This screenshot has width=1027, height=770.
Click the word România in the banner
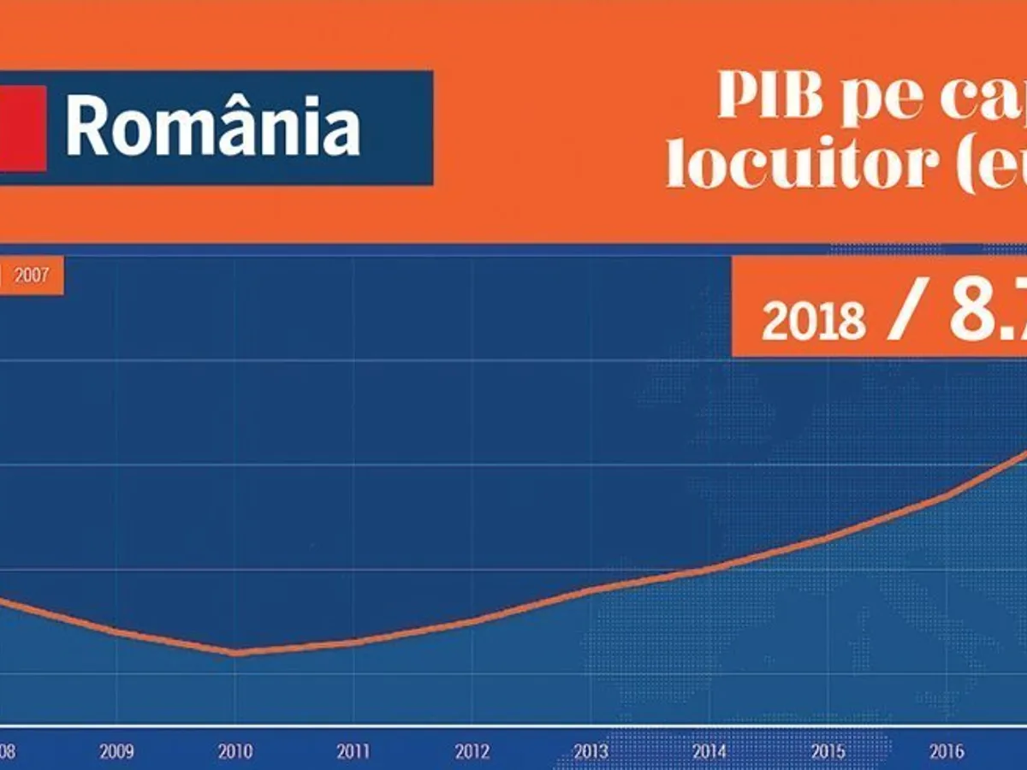pos(213,127)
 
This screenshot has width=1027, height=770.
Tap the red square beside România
pos(22,128)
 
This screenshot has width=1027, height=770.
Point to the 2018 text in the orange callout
pos(812,320)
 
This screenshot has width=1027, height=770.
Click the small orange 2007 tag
pos(31,276)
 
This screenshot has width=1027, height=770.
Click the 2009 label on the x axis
pos(116,752)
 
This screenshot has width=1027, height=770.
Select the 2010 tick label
pos(234,752)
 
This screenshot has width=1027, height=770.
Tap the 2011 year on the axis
pos(353,752)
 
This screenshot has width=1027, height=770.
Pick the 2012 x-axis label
pos(472,752)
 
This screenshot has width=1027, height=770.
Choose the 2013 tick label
pos(591,752)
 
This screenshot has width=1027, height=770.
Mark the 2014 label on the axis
pos(709,752)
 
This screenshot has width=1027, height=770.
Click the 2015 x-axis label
pos(828,752)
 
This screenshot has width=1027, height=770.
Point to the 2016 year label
pos(947,752)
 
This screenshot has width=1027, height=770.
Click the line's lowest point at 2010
pos(234,653)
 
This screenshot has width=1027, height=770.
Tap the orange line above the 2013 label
pos(591,590)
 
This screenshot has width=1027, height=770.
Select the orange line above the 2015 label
pos(828,537)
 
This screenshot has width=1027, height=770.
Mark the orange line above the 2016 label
pos(947,495)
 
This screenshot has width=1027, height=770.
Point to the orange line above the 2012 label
pos(472,622)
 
